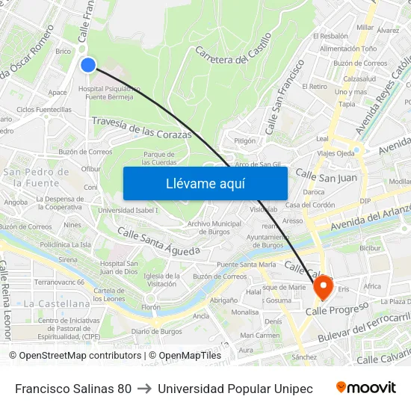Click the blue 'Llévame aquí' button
coord(205,183)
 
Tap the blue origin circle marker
coord(88,65)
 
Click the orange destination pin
coord(324,287)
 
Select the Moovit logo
coord(365,388)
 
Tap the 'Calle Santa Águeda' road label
coord(158,241)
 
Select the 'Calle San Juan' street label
coord(327,176)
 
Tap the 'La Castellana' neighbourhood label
coord(57,304)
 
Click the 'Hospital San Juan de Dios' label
coord(119,267)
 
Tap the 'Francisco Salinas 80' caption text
coord(73,389)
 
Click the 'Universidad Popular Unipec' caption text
coord(235,389)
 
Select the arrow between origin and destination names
coord(144,389)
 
